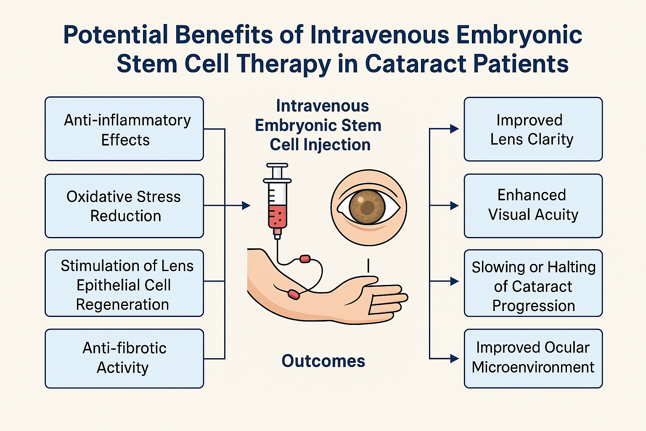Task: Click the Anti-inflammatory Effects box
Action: [x=124, y=129]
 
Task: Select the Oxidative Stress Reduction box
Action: [x=124, y=206]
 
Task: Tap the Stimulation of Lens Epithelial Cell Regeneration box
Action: [x=124, y=283]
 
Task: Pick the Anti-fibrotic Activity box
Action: [x=124, y=358]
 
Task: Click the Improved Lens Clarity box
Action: [x=533, y=129]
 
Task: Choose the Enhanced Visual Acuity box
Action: [x=533, y=205]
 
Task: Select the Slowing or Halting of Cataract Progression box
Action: [x=533, y=283]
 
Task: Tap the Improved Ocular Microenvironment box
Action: [x=533, y=358]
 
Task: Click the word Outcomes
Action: [x=323, y=361]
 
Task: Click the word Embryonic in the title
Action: [x=519, y=35]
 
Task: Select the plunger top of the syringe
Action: [x=277, y=165]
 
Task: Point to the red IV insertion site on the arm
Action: [x=294, y=294]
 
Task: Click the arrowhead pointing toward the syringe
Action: [x=246, y=205]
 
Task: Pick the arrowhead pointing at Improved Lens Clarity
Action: [x=454, y=129]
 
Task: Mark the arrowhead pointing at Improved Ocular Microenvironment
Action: [x=454, y=359]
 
